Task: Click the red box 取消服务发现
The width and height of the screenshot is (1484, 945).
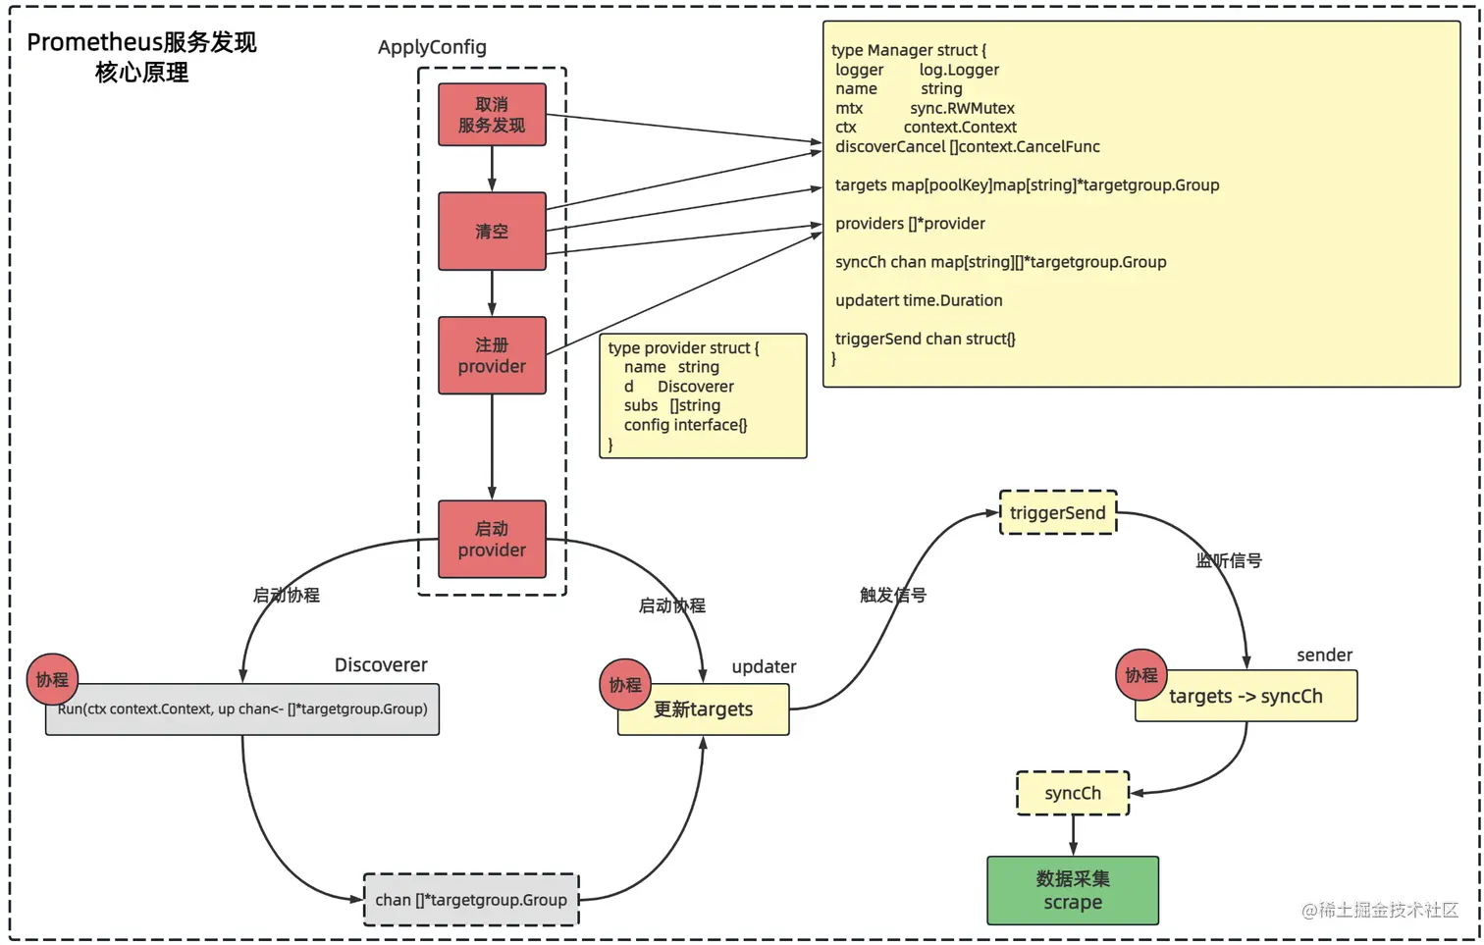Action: click(492, 115)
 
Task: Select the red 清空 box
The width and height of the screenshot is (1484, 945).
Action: click(492, 232)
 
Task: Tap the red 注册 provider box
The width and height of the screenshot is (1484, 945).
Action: click(492, 355)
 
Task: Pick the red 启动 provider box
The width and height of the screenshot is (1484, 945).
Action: click(492, 539)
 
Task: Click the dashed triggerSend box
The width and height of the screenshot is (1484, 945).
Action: click(1058, 512)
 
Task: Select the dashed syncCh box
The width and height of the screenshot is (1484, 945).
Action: click(1073, 793)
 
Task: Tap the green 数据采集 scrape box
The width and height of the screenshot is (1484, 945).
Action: click(1073, 890)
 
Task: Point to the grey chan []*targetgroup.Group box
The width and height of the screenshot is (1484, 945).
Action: click(471, 900)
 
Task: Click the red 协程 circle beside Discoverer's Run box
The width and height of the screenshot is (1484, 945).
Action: click(52, 679)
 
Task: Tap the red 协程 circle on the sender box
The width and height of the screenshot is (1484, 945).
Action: click(1141, 675)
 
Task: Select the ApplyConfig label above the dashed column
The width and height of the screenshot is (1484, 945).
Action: click(432, 47)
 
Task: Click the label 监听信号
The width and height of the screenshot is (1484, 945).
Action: click(1229, 560)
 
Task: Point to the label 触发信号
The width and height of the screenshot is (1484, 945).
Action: click(893, 595)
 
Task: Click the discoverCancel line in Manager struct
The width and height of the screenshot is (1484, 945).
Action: click(967, 146)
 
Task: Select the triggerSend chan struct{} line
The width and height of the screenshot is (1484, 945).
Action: click(925, 339)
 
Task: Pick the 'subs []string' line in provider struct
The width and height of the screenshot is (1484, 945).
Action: click(672, 405)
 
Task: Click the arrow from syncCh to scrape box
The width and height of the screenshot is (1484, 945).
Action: click(1073, 835)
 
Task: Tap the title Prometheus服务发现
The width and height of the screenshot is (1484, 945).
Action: click(141, 42)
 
